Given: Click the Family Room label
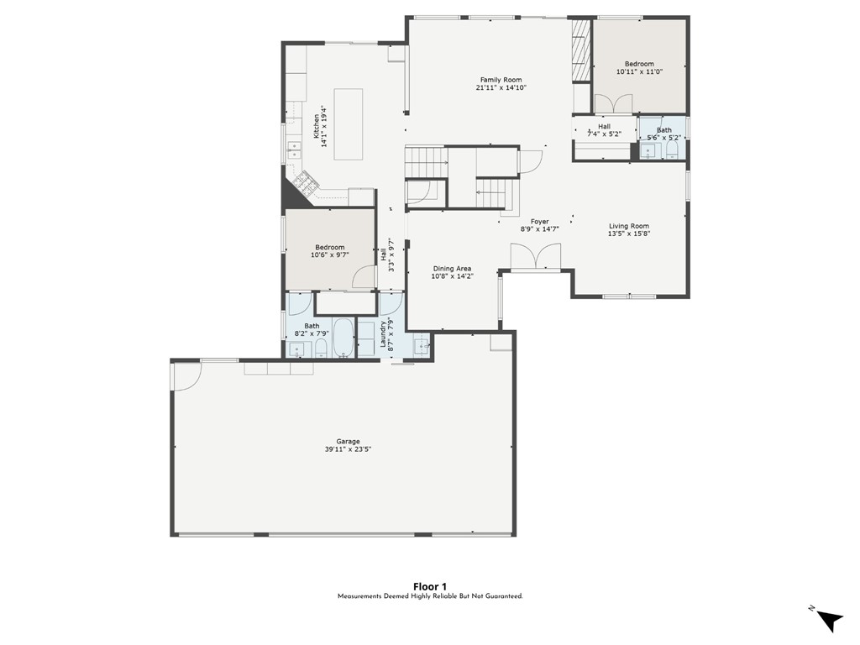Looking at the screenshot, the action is click(x=501, y=80).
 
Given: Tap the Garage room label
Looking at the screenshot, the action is click(x=349, y=442).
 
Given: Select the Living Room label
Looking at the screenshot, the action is click(x=628, y=226).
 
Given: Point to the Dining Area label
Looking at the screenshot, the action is click(x=452, y=269).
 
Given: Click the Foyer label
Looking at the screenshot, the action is click(x=540, y=222).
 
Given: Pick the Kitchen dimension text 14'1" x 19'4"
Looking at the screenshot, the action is click(x=324, y=126).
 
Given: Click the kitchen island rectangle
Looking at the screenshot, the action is click(x=349, y=124).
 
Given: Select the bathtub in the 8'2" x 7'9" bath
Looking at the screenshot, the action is click(x=343, y=338).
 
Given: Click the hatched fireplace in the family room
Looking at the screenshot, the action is click(x=581, y=51).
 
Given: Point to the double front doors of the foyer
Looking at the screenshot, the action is click(x=535, y=257).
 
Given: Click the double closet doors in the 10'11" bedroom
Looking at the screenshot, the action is click(x=614, y=103).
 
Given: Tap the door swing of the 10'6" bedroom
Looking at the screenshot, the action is click(x=364, y=277).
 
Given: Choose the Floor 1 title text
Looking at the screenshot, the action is click(x=429, y=587).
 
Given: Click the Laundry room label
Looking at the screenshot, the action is click(x=383, y=333).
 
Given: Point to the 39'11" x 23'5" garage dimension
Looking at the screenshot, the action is click(x=349, y=449).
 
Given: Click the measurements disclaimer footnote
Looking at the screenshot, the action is click(x=430, y=596).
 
